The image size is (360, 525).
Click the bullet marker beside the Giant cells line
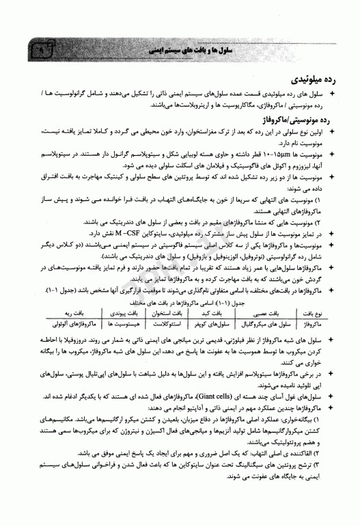pos(332,376)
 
